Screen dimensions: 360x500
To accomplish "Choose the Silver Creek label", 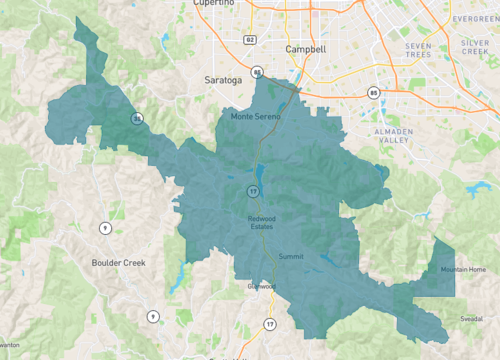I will (475, 50).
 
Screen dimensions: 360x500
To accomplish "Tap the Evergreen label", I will (473, 17).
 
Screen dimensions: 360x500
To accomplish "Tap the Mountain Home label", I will (463, 269).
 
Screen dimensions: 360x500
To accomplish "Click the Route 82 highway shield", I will (249, 40).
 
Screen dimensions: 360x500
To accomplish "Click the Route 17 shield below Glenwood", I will (270, 324).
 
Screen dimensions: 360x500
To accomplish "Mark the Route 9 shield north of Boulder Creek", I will (105, 229).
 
